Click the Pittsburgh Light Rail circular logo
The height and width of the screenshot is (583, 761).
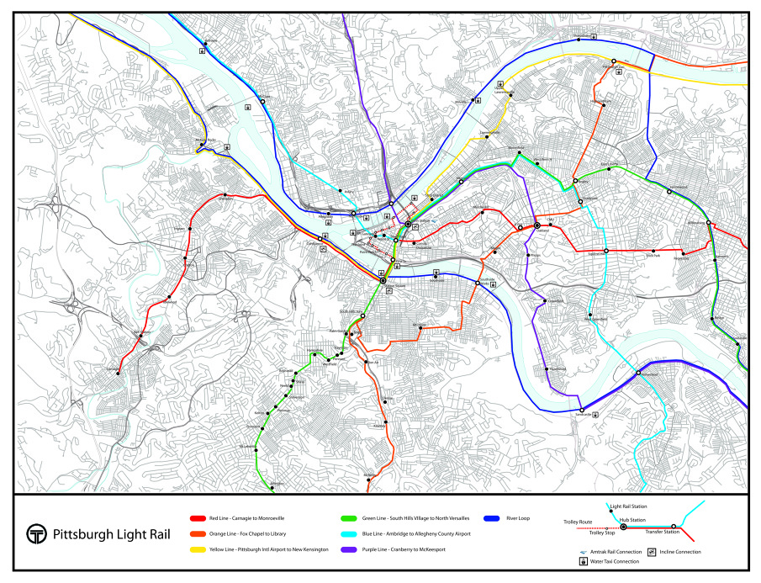tap(36, 534)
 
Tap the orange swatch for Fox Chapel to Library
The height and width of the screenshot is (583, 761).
tap(199, 534)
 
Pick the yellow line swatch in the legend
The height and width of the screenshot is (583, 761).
tap(199, 549)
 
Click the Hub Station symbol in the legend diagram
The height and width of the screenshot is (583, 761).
tap(623, 527)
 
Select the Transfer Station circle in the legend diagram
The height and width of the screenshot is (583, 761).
tap(674, 527)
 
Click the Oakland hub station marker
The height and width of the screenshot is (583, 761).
tap(536, 225)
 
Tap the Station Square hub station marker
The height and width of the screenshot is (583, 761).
tap(383, 280)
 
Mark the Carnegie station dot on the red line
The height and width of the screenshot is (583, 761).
tap(118, 373)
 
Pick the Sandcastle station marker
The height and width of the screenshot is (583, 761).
tap(582, 411)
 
